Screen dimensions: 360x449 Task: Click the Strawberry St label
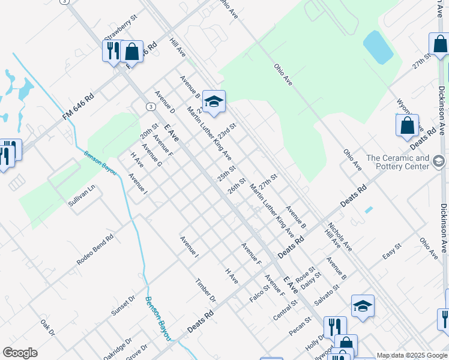tap(121, 28)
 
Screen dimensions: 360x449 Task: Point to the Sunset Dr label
tap(123, 305)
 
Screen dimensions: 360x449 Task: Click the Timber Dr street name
tap(205, 290)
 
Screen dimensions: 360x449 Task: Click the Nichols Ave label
tap(340, 237)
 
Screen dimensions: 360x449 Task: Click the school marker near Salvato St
tap(363, 306)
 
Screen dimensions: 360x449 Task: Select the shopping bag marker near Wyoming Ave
tap(407, 125)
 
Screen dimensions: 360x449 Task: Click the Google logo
tap(20, 353)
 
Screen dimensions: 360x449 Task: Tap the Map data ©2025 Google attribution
tap(412, 355)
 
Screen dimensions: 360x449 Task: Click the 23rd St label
tap(227, 131)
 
